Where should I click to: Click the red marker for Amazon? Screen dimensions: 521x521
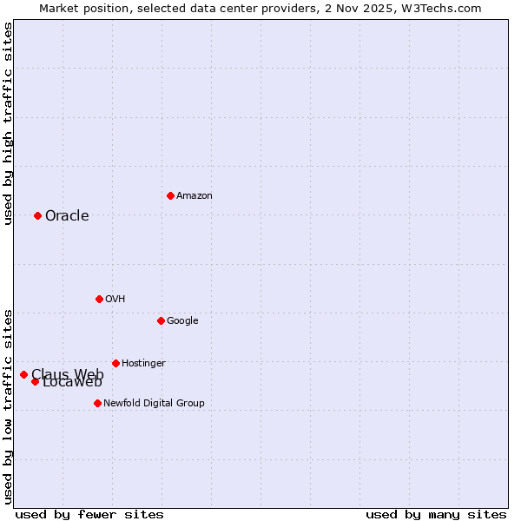[170, 195]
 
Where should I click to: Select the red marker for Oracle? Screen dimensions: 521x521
[37, 215]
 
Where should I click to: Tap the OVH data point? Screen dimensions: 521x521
[99, 299]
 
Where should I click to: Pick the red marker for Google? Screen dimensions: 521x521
[161, 320]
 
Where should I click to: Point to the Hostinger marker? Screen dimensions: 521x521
[115, 363]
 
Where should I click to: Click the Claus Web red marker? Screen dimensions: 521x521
[23, 374]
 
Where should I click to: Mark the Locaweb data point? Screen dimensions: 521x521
[35, 381]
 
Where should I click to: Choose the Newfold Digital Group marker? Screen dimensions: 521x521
[97, 403]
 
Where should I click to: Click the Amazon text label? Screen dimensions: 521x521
[195, 196]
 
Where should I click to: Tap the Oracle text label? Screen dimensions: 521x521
[67, 216]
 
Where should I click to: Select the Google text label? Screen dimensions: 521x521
[182, 321]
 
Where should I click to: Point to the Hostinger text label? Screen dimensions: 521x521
[143, 364]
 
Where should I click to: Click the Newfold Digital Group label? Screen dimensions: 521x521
[154, 404]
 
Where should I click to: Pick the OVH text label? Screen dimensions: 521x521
[115, 300]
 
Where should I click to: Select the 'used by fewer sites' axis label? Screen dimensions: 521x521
[89, 515]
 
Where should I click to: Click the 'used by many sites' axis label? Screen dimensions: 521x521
[436, 515]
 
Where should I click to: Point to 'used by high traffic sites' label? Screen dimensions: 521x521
[8, 123]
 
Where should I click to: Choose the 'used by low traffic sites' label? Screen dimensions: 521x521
[8, 406]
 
